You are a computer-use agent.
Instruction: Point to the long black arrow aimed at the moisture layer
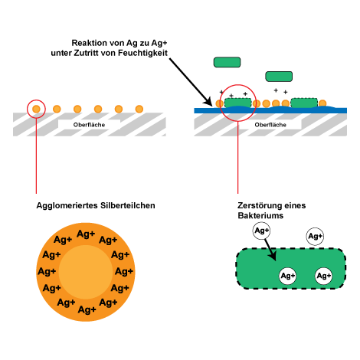pos(191,82)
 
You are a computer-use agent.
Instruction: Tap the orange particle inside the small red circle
pos(36,109)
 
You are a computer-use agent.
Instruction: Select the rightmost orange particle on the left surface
pos(139,109)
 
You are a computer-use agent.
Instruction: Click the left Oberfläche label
pos(89,125)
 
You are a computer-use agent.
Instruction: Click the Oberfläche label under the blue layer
pos(270,125)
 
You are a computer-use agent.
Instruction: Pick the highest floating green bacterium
pos(227,62)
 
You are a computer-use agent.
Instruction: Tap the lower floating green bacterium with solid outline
pos(279,77)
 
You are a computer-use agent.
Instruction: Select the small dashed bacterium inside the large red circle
pos(237,103)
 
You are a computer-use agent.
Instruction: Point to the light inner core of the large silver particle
pos(86,272)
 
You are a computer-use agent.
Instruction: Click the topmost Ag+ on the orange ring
pos(86,234)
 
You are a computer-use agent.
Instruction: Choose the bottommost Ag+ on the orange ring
pos(87,309)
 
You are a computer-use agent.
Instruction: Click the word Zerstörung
pos(257,205)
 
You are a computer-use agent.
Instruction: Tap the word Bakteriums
pos(260,216)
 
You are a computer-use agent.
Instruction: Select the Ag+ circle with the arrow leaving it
pos(261,231)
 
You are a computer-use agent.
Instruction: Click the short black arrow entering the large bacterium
pos(270,250)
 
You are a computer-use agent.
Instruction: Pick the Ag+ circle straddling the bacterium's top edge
pos(315,237)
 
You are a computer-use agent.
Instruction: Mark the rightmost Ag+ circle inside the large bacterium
pos(323,276)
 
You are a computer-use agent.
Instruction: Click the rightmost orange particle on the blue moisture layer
pos(322,103)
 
